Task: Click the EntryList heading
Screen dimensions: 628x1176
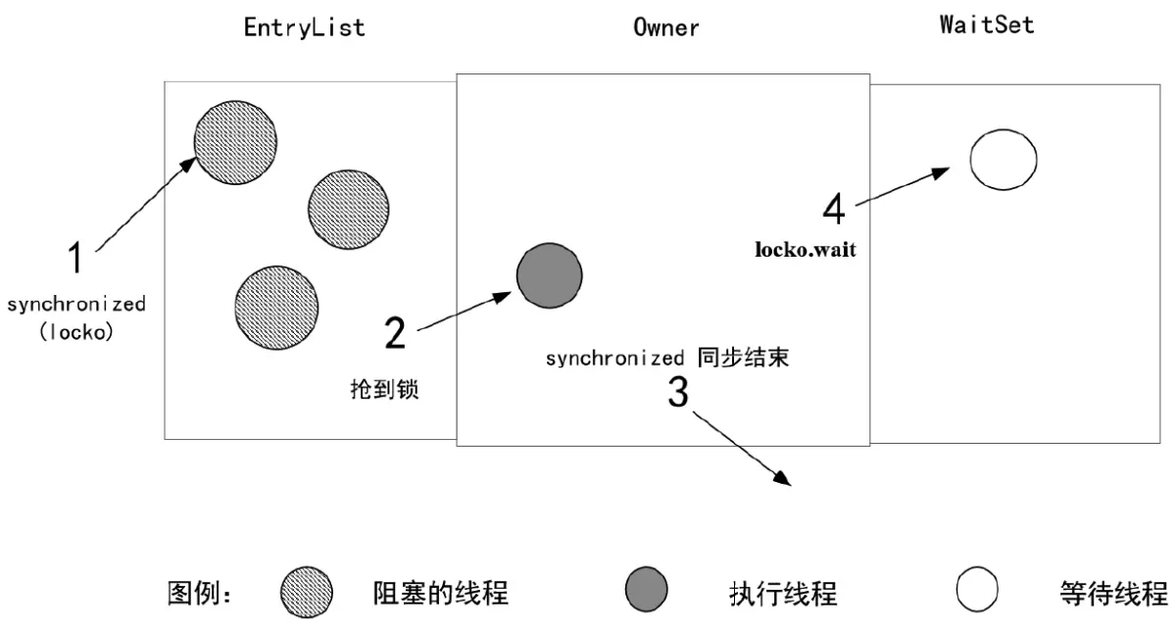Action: (x=304, y=26)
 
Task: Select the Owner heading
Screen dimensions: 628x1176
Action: (x=666, y=26)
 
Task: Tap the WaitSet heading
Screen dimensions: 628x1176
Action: (x=986, y=24)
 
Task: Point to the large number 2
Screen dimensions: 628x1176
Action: (x=395, y=333)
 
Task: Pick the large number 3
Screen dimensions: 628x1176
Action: (x=678, y=392)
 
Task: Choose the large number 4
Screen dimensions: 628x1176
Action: (x=833, y=208)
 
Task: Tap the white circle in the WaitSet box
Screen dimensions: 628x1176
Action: (x=1003, y=159)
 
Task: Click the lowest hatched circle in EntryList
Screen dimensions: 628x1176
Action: (x=275, y=305)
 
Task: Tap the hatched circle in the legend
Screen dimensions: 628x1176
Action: (x=306, y=593)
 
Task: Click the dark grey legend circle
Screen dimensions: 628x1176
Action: (x=646, y=591)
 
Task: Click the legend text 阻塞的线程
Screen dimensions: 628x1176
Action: (x=440, y=593)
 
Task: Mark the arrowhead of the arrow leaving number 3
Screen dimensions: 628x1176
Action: (x=783, y=478)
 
